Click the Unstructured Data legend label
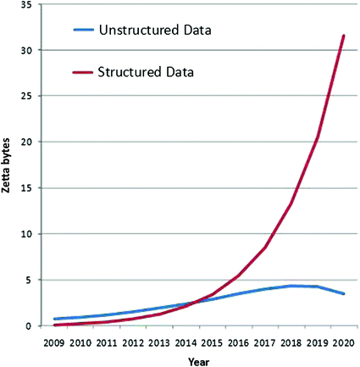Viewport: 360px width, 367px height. [154, 31]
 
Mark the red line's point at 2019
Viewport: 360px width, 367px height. [316, 137]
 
